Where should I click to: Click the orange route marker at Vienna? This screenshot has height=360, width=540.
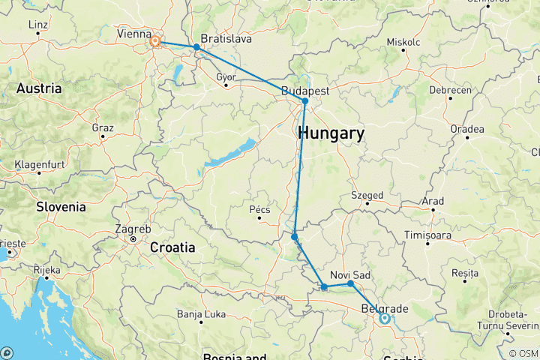pos(155,41)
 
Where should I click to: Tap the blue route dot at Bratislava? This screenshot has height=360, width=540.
pos(196,47)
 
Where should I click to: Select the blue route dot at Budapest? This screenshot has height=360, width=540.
pos(305,101)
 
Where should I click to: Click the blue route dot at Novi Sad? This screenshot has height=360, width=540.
pos(350,283)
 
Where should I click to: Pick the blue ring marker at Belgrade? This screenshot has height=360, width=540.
pos(384,318)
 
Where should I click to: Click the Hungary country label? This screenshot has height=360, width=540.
pos(331,134)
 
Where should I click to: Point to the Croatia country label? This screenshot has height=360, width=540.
pos(172,247)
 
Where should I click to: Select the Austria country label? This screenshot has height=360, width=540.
pos(39,88)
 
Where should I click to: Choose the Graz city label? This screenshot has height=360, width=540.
pos(102,127)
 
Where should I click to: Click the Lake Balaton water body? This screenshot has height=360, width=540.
pos(229,153)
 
